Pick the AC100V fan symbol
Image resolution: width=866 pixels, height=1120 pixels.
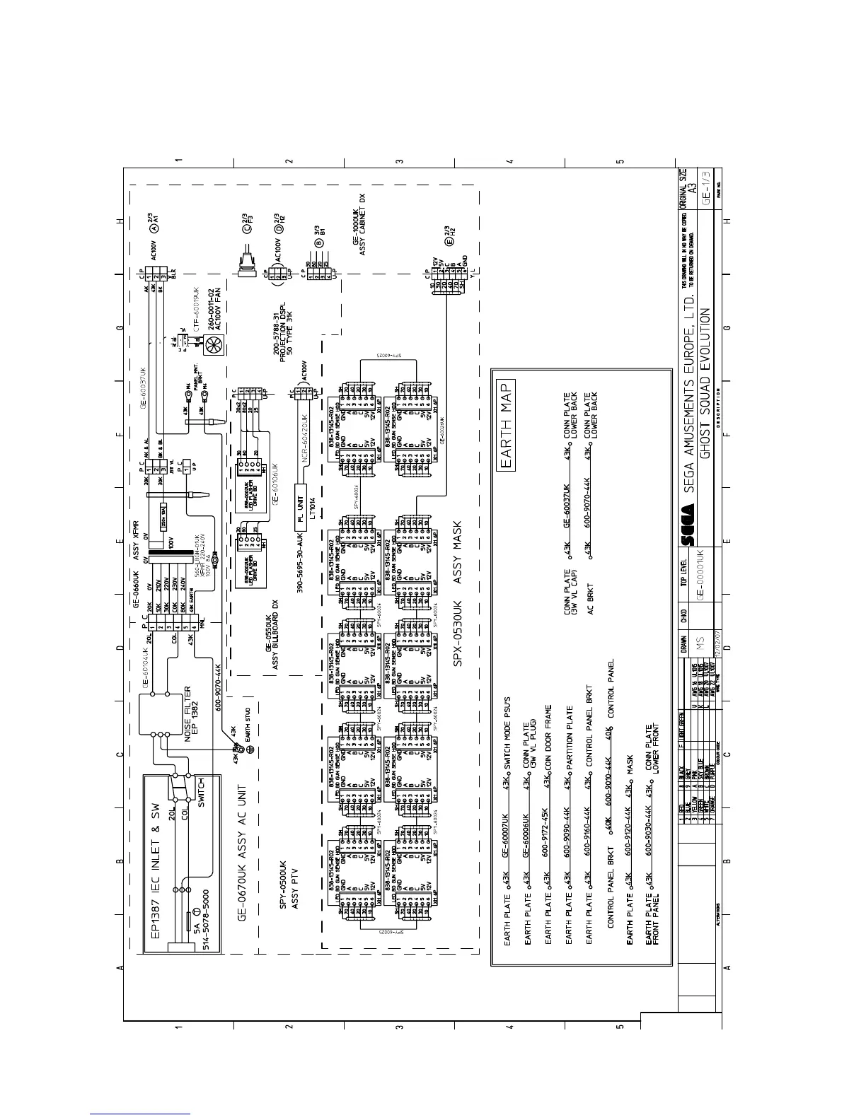pos(213,344)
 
